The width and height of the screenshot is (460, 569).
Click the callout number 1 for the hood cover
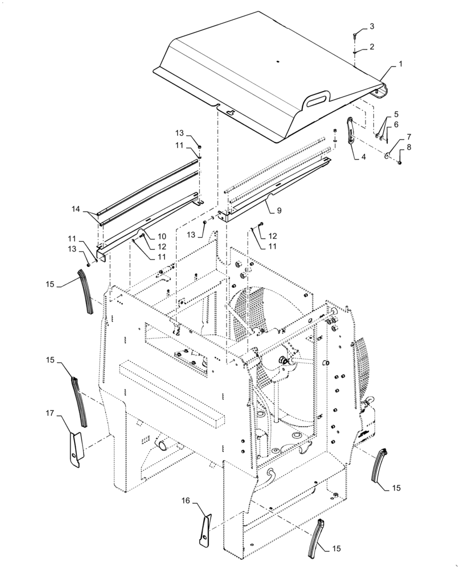click(400, 64)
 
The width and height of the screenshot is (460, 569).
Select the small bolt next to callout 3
click(355, 35)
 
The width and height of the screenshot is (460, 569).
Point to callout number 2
click(371, 47)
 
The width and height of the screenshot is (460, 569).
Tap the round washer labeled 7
click(387, 154)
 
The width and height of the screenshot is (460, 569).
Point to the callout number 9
click(279, 210)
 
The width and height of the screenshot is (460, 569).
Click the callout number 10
click(146, 236)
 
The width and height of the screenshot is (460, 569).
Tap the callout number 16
click(185, 501)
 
